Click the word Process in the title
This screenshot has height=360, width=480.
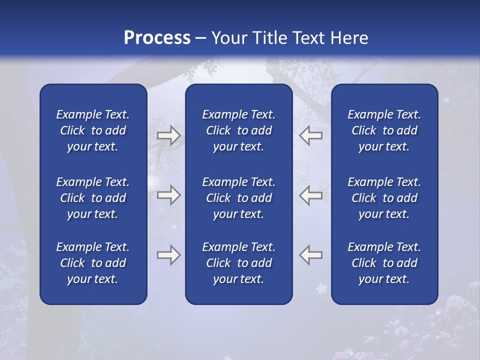click(x=157, y=38)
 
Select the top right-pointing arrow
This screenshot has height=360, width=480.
click(x=168, y=135)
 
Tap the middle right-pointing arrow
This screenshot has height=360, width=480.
click(x=168, y=195)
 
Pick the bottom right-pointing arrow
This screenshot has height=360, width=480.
click(x=168, y=255)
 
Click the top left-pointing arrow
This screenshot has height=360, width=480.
click(x=310, y=135)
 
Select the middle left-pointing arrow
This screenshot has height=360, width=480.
click(x=310, y=195)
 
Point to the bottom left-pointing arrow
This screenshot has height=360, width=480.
click(x=310, y=255)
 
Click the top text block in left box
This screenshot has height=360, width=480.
click(x=93, y=130)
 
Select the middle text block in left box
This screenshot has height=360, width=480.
click(x=93, y=198)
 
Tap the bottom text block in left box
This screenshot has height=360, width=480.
click(x=93, y=263)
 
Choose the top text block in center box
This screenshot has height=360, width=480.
click(x=238, y=130)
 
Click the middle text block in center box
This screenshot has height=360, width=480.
click(x=238, y=198)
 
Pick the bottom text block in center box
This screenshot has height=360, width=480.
click(x=238, y=263)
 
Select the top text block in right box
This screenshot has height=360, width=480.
click(x=384, y=130)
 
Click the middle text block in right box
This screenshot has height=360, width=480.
click(x=384, y=198)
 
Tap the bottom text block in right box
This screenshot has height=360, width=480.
click(x=384, y=263)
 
